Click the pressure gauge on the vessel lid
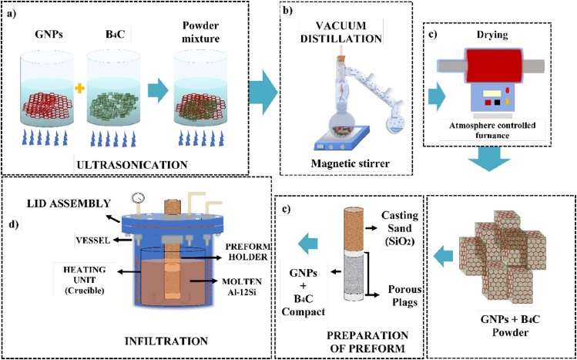click(136, 196)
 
